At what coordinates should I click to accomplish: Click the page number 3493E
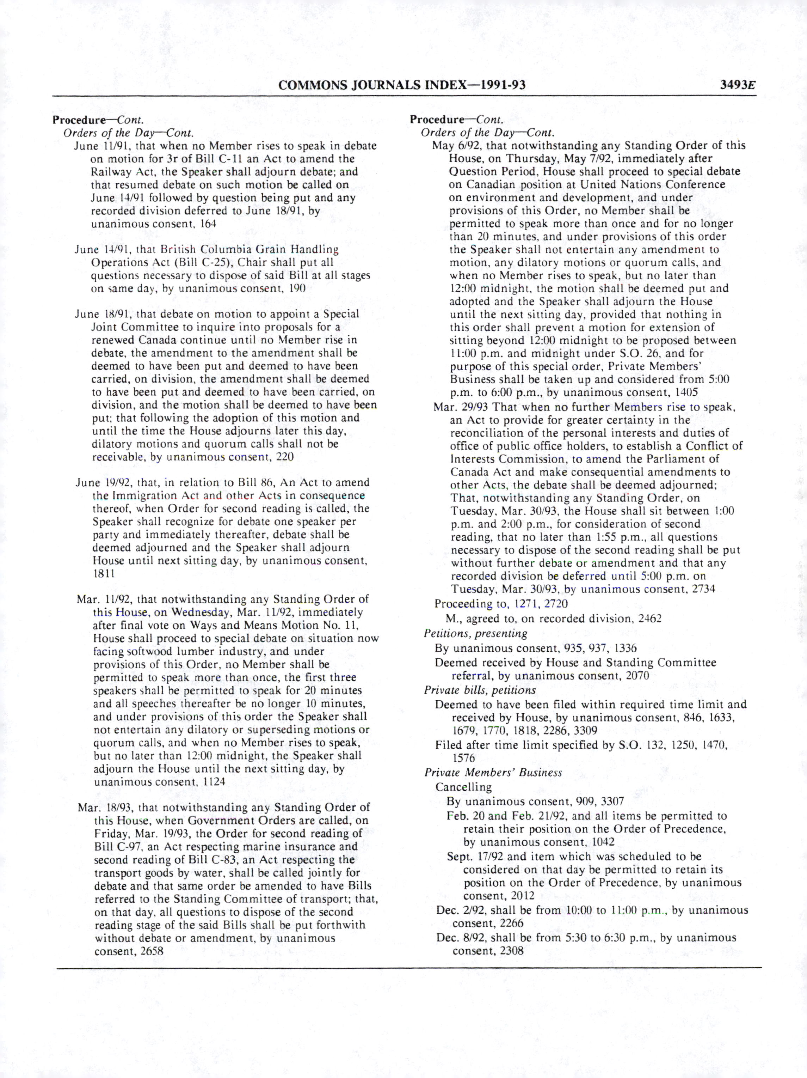pyautogui.click(x=738, y=85)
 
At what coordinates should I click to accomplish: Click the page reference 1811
pyautogui.click(x=104, y=574)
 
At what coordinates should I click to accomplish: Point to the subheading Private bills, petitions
pyautogui.click(x=480, y=690)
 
